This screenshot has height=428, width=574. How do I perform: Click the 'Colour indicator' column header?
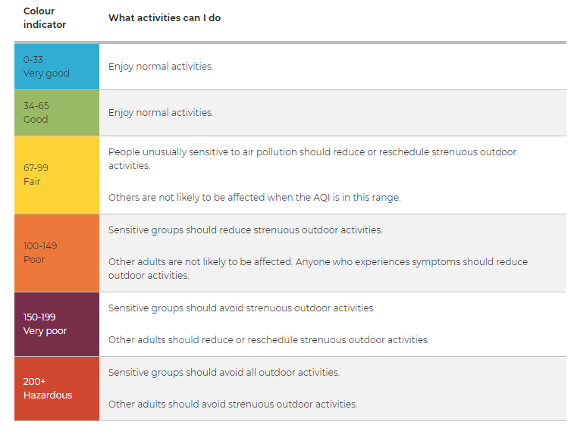click(44, 17)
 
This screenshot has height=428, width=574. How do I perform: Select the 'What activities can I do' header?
click(165, 17)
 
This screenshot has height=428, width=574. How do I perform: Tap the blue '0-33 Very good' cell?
click(57, 67)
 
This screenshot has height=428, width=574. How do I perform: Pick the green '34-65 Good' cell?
click(57, 113)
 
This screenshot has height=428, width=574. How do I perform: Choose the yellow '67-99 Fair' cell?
click(57, 175)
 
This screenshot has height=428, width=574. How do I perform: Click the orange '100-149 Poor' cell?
click(57, 253)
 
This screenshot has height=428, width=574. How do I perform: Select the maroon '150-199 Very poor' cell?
click(57, 324)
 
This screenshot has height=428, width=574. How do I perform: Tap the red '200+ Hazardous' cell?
click(57, 389)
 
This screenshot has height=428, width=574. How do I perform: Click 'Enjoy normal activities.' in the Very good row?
click(161, 67)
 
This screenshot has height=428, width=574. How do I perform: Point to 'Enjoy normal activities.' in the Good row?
click(161, 113)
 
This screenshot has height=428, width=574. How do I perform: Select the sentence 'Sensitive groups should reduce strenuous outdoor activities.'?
click(245, 230)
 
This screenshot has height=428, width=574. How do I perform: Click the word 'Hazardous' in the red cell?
click(48, 395)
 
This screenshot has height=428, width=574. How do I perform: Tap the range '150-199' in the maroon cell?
click(39, 317)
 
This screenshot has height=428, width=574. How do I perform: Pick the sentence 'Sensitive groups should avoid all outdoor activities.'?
click(224, 373)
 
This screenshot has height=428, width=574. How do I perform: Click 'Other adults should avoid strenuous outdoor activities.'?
click(233, 405)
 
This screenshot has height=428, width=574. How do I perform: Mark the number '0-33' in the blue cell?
click(33, 60)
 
